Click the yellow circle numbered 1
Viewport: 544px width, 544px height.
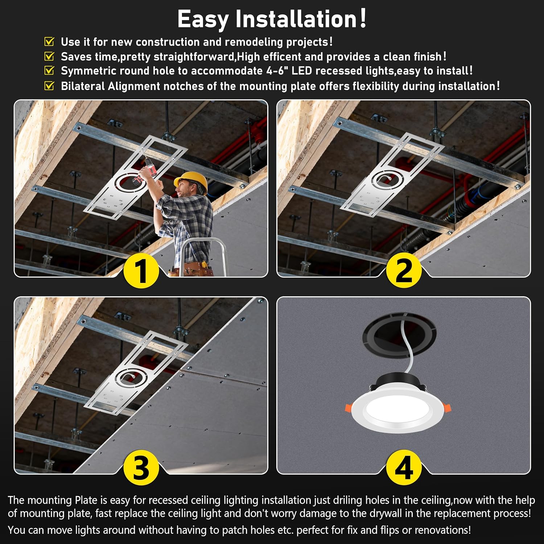tap(141, 271)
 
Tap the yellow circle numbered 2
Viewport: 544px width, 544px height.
tap(404, 271)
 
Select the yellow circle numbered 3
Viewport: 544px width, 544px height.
tap(141, 467)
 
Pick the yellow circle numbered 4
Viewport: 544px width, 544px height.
tap(404, 467)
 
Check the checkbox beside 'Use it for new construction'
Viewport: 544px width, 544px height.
tap(49, 41)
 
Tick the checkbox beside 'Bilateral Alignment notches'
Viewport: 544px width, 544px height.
tap(49, 86)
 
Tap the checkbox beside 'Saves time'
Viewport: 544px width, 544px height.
tap(49, 56)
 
